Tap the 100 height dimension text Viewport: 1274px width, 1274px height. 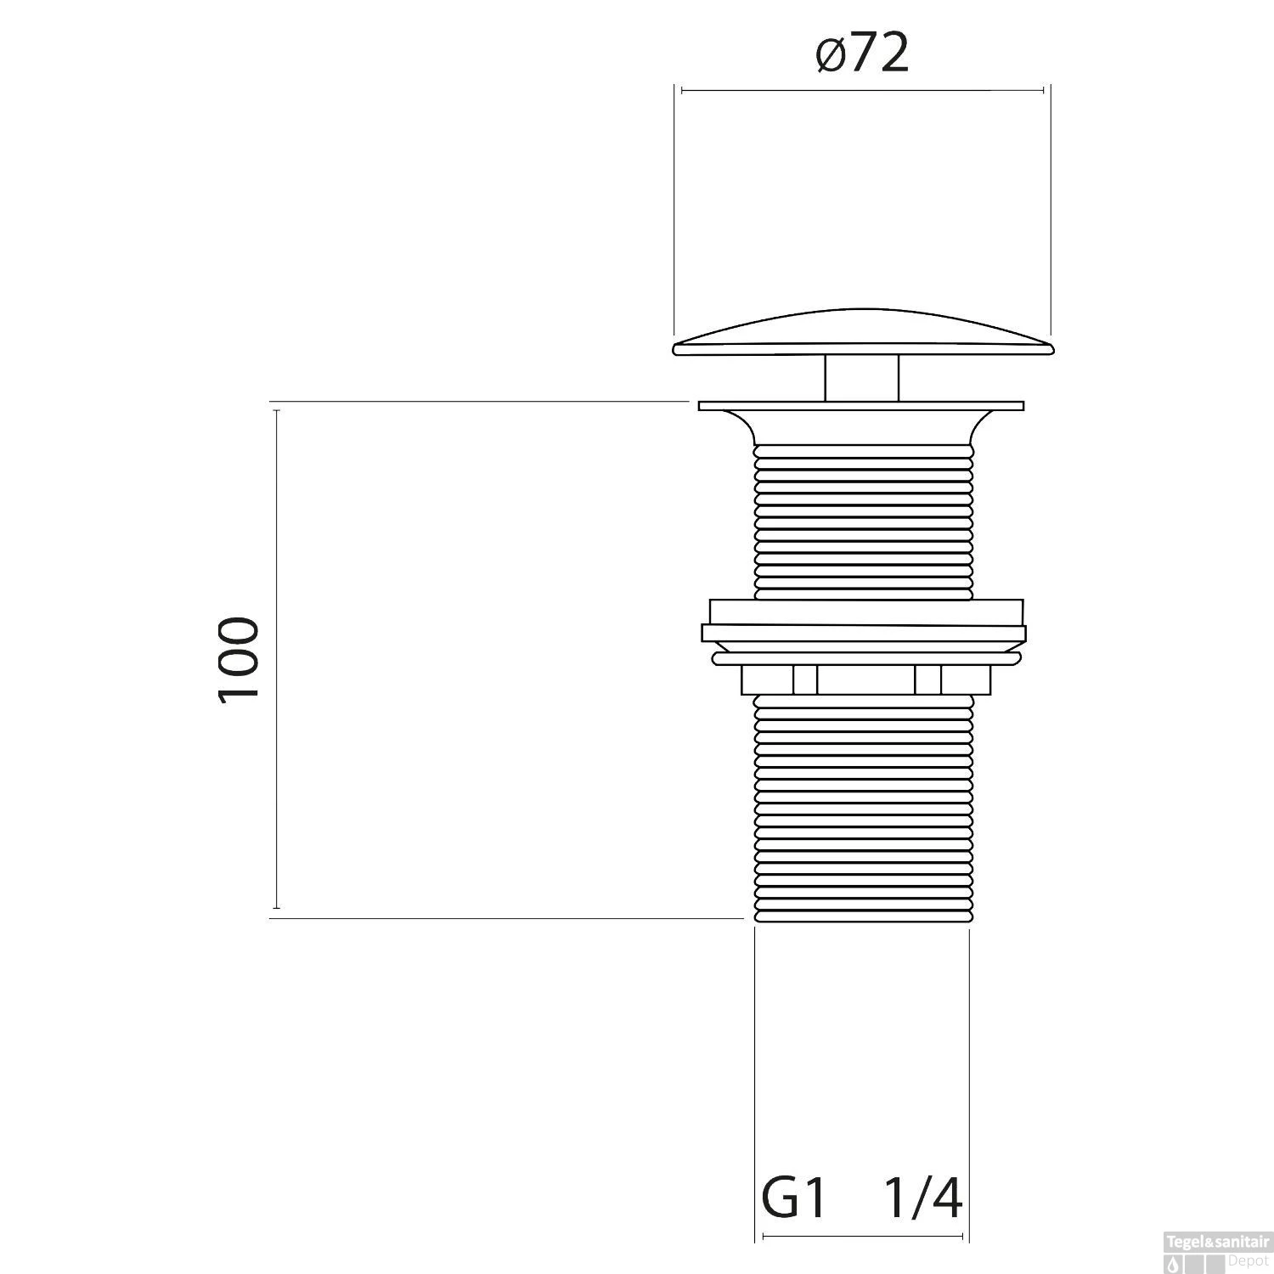pyautogui.click(x=239, y=659)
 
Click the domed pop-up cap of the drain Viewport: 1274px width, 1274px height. pyautogui.click(x=862, y=335)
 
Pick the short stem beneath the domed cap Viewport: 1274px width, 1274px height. pyautogui.click(x=862, y=378)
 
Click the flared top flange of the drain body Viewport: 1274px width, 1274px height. pyautogui.click(x=862, y=420)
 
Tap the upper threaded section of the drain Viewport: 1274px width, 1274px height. pyautogui.click(x=862, y=518)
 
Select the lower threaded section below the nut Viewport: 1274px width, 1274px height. pyautogui.click(x=862, y=807)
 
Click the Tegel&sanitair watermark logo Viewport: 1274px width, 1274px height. pyautogui.click(x=1217, y=1256)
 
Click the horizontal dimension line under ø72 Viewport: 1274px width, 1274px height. pyautogui.click(x=862, y=90)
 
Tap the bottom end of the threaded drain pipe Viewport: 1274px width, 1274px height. pyautogui.click(x=862, y=917)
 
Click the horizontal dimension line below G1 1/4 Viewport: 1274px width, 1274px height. pyautogui.click(x=862, y=1237)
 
